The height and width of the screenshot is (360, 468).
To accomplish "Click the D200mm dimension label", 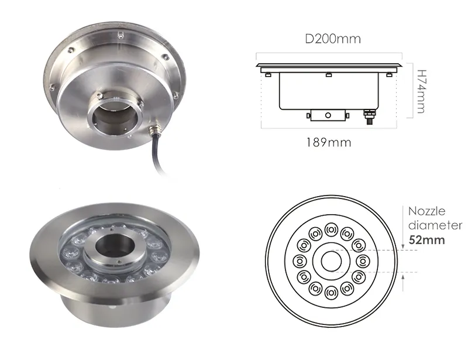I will [332, 39].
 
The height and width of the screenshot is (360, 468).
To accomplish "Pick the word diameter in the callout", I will [435, 225].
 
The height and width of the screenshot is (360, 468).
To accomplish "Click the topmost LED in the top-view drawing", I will [331, 228].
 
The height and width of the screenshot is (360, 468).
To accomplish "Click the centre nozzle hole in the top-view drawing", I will [331, 261].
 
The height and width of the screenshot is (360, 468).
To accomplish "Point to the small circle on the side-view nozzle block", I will [328, 115].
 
